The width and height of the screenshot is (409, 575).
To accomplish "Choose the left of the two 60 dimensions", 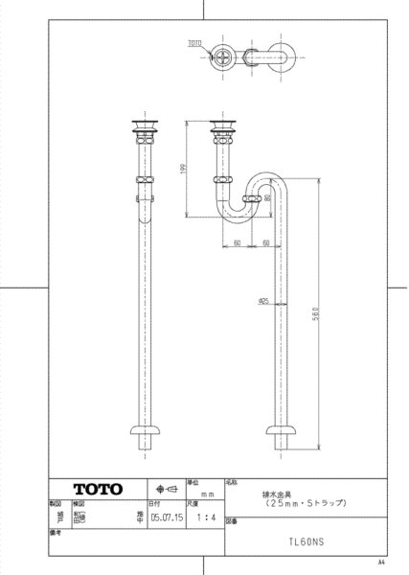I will click(x=236, y=243).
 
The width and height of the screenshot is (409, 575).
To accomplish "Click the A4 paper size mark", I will click(x=382, y=563).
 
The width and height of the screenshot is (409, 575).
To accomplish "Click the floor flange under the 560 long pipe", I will click(x=284, y=433).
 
